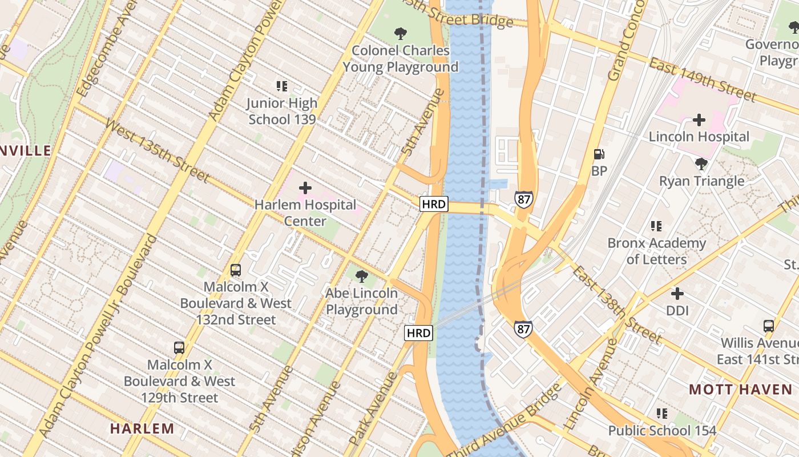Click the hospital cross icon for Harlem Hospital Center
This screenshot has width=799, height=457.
[305, 187]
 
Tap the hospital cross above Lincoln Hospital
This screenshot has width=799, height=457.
[699, 120]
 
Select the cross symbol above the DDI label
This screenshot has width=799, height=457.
[677, 294]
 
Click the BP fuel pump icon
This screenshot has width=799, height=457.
[599, 154]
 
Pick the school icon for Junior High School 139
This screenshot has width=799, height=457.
[282, 86]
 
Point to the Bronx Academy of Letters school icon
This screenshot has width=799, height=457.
[656, 226]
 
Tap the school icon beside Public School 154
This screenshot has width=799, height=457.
[661, 413]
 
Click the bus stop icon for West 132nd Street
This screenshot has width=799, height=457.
[235, 270]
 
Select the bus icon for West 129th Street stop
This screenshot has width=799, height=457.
[179, 347]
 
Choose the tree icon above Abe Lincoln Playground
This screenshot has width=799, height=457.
[361, 276]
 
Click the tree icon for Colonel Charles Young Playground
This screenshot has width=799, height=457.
[401, 34]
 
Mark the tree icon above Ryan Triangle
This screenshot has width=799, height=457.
[701, 164]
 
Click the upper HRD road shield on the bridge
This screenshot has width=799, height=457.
[434, 204]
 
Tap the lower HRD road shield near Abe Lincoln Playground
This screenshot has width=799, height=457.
[419, 333]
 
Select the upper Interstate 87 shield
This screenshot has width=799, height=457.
[523, 199]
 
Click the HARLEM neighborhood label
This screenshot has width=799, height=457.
[142, 428]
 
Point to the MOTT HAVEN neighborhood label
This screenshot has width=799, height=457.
[740, 390]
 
